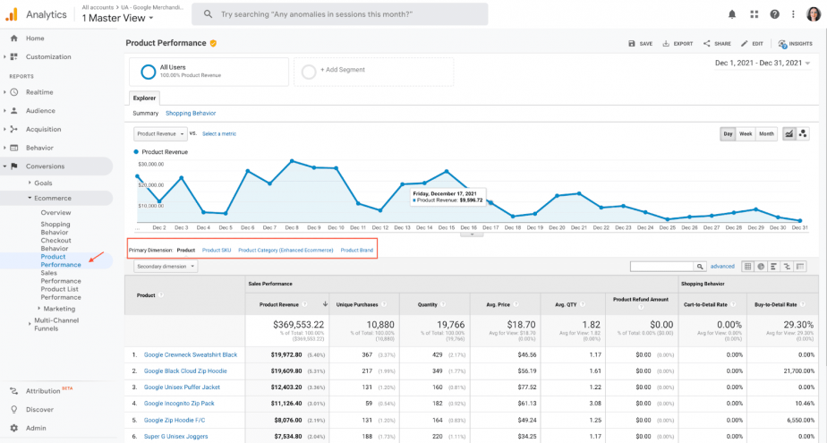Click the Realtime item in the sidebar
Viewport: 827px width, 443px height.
(x=39, y=92)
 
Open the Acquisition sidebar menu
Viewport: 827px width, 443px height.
(x=43, y=129)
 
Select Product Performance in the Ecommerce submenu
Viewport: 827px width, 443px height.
(x=60, y=260)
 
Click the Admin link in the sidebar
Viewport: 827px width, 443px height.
(x=36, y=428)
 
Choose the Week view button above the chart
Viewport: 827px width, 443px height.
(x=746, y=134)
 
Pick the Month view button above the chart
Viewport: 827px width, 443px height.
(x=767, y=134)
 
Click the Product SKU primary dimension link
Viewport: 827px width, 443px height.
(x=217, y=250)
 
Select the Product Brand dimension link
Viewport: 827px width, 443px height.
(x=357, y=250)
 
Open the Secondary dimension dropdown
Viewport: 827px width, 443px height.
(x=166, y=266)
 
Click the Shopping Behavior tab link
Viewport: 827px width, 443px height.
(x=191, y=114)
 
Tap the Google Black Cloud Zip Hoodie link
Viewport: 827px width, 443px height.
(x=185, y=371)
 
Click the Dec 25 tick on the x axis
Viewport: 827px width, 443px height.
(x=668, y=227)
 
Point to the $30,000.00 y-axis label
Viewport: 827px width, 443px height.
(x=150, y=165)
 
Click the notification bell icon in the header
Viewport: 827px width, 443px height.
(x=732, y=14)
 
